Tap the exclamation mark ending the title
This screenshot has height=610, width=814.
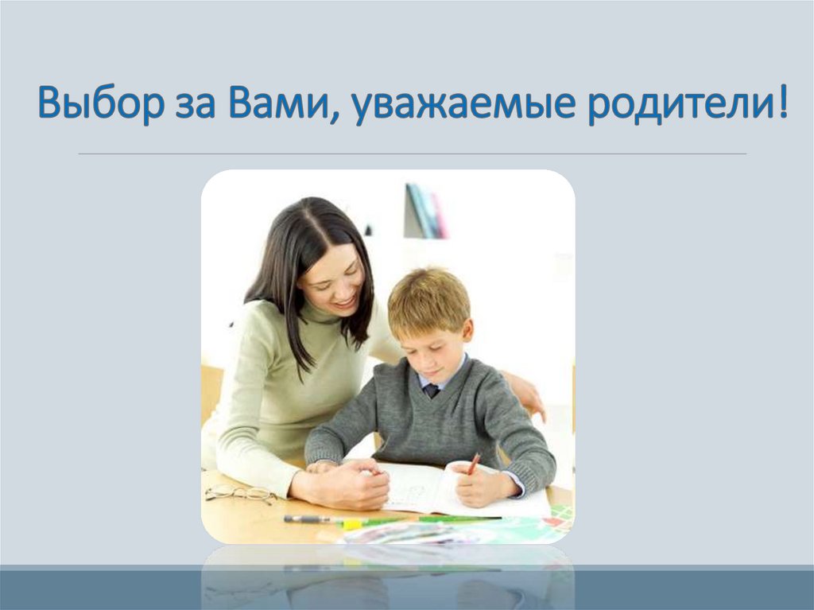coord(783,104)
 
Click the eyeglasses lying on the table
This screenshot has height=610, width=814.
coord(238,493)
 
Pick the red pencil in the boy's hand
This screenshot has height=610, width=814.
coord(474,463)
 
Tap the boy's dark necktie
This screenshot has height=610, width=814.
coord(431,390)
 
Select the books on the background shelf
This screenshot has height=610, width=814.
coord(425,212)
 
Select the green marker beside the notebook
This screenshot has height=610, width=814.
coord(457,519)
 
